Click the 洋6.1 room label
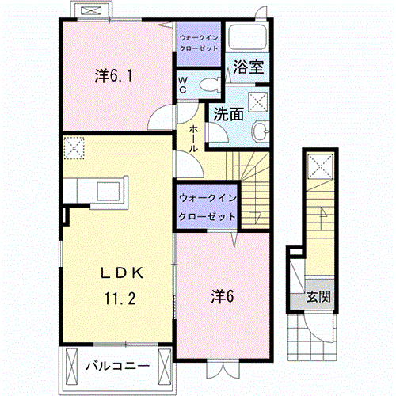[113, 76]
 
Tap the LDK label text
[122, 273]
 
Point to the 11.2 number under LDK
[120, 299]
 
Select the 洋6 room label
[223, 296]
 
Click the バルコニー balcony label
[118, 366]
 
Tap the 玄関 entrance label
[318, 297]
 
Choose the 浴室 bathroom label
[249, 67]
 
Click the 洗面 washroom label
[228, 114]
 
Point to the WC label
[183, 85]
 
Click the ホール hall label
[193, 139]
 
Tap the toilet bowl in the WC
[210, 85]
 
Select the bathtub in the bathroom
[247, 36]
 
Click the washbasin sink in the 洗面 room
[261, 131]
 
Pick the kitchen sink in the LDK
[109, 191]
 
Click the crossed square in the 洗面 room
[258, 101]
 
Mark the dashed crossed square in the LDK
[74, 148]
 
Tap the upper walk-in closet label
[199, 43]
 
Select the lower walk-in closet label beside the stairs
[208, 208]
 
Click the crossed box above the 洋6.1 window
[91, 10]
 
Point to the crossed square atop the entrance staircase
[320, 166]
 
